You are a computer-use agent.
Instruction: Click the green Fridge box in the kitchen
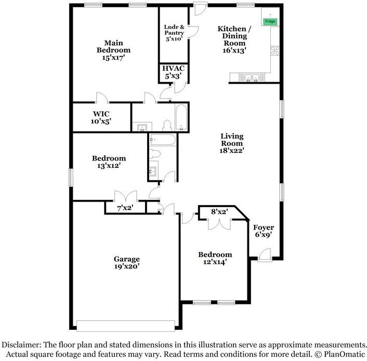tap(270, 21)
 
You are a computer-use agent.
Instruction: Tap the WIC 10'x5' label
tap(101, 117)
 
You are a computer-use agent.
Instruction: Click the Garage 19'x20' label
tap(127, 262)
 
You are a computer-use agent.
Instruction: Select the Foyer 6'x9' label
tap(264, 231)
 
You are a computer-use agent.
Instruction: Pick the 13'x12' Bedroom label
tap(109, 162)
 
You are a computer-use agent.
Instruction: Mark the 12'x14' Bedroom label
tap(215, 258)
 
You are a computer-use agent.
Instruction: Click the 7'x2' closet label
tap(125, 208)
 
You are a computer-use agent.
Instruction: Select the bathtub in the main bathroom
tap(180, 117)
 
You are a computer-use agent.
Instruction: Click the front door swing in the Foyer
tap(264, 253)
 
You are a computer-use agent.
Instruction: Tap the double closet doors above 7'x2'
tap(125, 196)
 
